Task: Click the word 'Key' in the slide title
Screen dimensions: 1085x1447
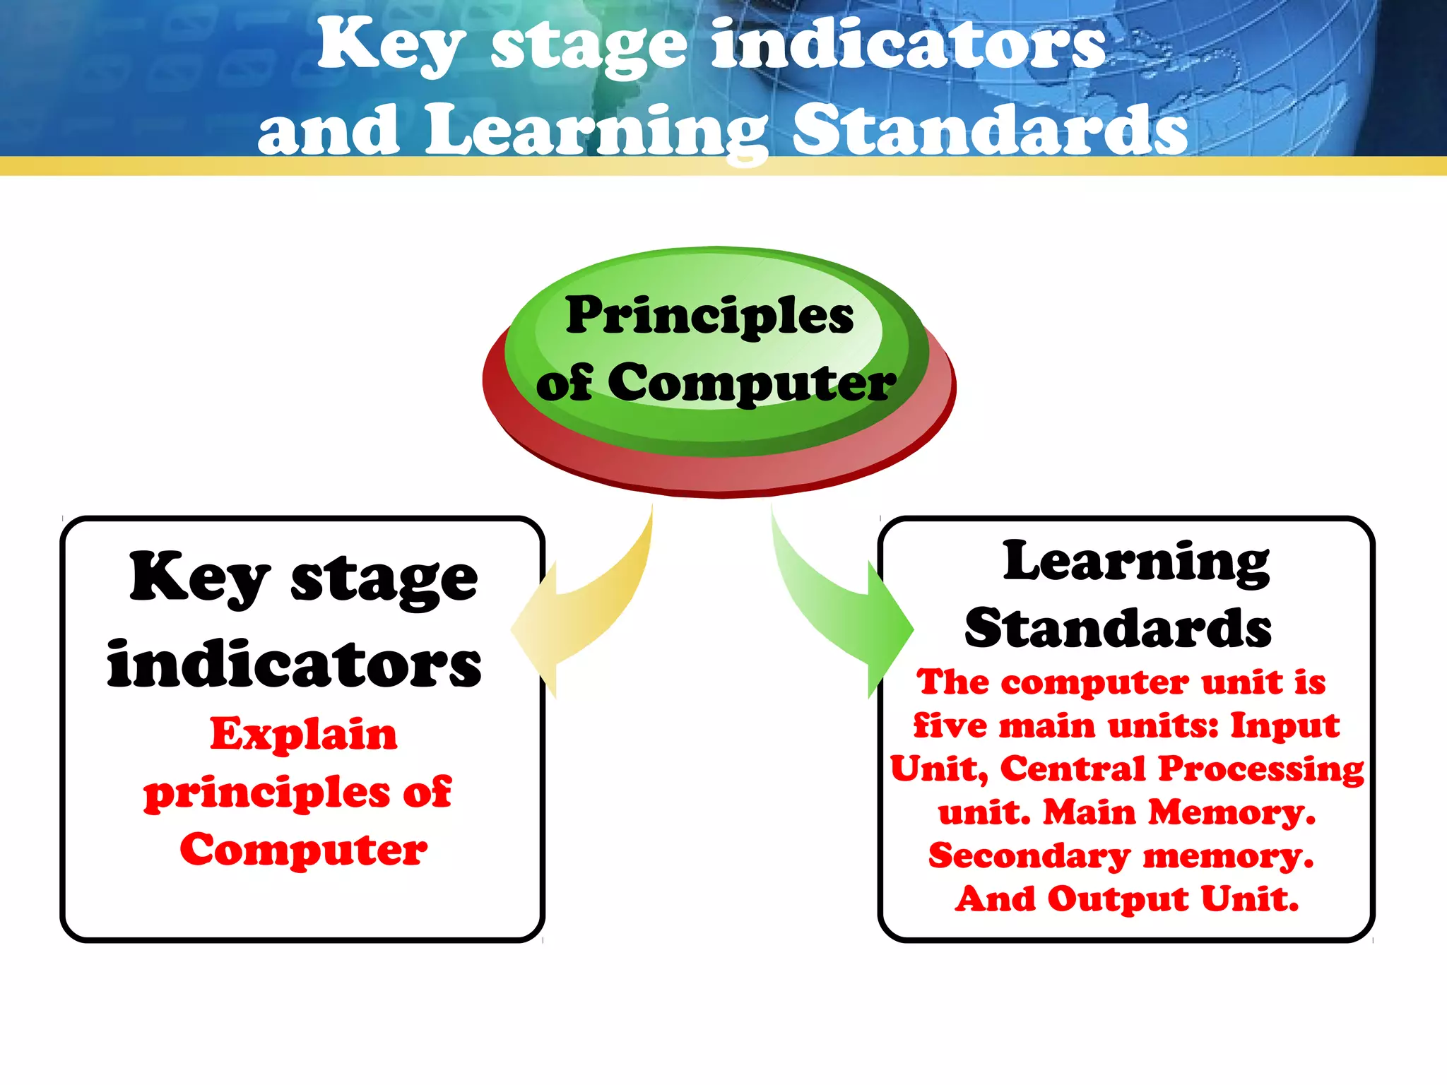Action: coord(391,46)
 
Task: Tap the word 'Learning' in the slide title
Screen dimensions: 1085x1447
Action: coord(597,131)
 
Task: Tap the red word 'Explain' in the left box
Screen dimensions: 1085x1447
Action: coord(304,734)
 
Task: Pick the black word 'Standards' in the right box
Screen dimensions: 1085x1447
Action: coord(1118,628)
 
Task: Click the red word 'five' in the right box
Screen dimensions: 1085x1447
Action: coord(950,725)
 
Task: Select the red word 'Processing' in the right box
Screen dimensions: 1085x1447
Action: coord(1262,769)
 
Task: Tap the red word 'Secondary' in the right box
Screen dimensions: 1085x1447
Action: coord(1029,856)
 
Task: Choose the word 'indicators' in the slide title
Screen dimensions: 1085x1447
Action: coord(909,46)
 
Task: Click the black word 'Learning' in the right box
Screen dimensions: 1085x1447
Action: coord(1136,562)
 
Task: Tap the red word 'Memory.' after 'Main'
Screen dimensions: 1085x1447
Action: coord(1232,812)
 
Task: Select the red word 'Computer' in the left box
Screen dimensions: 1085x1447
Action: coord(304,850)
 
